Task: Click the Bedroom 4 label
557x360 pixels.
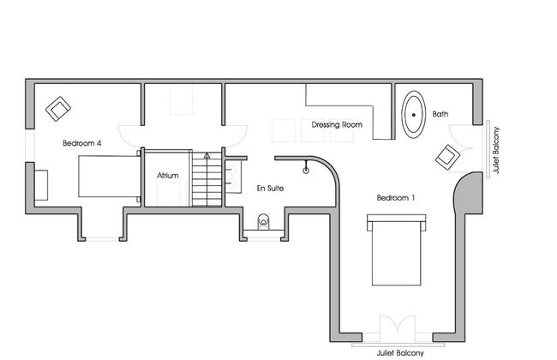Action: tap(82, 144)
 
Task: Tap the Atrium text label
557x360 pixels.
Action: tap(168, 176)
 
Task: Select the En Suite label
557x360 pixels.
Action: tap(270, 187)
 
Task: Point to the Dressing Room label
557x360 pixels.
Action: tap(337, 124)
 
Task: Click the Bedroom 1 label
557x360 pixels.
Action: tap(396, 198)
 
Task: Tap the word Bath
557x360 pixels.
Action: tap(440, 114)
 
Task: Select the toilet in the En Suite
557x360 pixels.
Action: tap(263, 220)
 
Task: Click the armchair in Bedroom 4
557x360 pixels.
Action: tap(59, 109)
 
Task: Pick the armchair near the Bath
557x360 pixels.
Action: tap(447, 158)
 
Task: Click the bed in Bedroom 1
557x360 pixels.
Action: tap(396, 250)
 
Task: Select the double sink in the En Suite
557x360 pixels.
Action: tap(232, 176)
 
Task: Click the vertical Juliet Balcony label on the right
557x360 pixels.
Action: tap(496, 150)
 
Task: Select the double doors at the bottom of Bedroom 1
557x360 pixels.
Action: tap(397, 330)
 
